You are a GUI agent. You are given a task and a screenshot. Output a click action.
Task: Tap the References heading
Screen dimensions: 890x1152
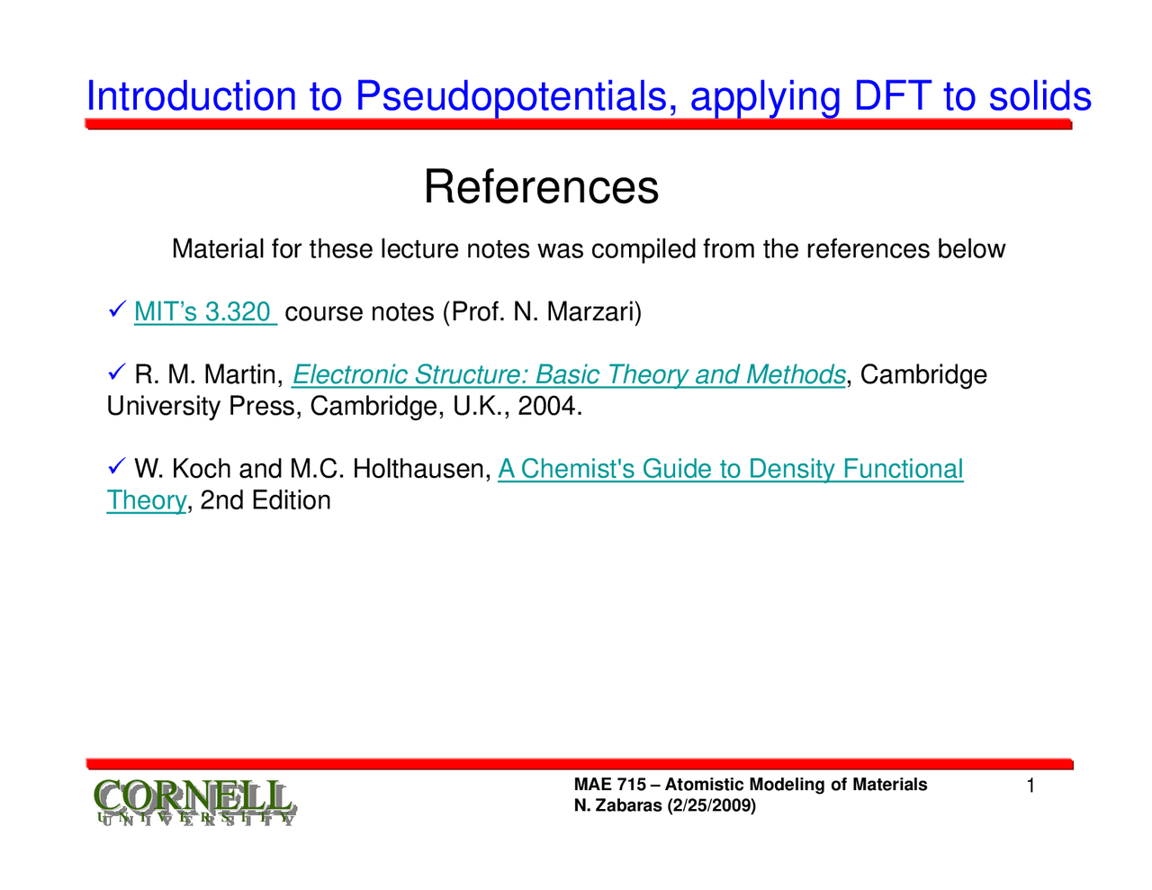[541, 187]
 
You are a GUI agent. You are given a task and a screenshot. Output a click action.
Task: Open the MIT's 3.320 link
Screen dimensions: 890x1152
[204, 312]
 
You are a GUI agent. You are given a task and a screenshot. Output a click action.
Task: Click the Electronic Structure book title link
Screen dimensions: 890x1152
[569, 374]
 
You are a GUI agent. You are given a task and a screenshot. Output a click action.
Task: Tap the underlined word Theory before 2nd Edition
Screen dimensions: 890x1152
[146, 500]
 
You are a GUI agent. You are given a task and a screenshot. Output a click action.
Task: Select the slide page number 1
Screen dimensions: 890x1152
[1031, 787]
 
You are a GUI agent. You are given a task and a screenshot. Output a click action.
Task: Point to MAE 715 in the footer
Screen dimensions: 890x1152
[609, 785]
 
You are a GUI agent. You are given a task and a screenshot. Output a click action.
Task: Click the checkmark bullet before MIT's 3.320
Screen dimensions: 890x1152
[116, 311]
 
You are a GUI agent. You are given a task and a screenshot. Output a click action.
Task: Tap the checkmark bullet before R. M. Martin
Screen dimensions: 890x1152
[116, 373]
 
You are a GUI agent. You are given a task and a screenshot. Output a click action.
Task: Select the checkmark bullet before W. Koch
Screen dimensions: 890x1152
[116, 467]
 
